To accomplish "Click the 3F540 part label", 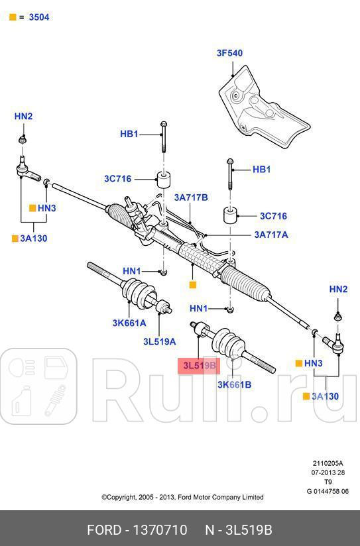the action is pyautogui.click(x=229, y=53).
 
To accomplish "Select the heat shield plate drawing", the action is pyautogui.click(x=264, y=107).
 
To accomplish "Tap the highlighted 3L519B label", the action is pyautogui.click(x=199, y=365).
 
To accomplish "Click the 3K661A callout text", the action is pyautogui.click(x=129, y=323).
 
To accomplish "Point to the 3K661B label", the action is pyautogui.click(x=234, y=385).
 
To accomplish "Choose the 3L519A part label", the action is pyautogui.click(x=160, y=342).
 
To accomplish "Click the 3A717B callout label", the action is pyautogui.click(x=191, y=197).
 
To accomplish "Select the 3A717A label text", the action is pyautogui.click(x=271, y=235).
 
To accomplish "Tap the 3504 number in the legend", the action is pyautogui.click(x=39, y=17).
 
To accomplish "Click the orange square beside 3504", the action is pyautogui.click(x=13, y=17).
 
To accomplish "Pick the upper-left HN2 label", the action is pyautogui.click(x=23, y=116).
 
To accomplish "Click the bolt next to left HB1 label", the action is pyautogui.click(x=164, y=137).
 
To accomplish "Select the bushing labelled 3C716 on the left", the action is pyautogui.click(x=163, y=180).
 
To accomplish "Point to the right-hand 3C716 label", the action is pyautogui.click(x=273, y=216).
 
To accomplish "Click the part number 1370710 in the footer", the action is pyautogui.click(x=160, y=530).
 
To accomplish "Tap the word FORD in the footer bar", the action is pyautogui.click(x=104, y=530).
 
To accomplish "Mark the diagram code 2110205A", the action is pyautogui.click(x=328, y=463).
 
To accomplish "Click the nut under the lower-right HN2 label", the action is pyautogui.click(x=337, y=317).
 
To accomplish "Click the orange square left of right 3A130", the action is pyautogui.click(x=306, y=396).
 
